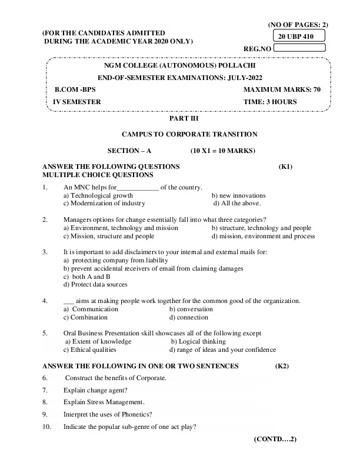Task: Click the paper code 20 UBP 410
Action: (296, 36)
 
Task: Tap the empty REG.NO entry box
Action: (300, 49)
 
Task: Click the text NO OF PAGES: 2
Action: (298, 25)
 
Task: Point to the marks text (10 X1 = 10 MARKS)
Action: (223, 151)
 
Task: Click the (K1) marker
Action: (285, 167)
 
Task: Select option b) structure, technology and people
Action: (261, 228)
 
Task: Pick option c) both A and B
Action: (87, 276)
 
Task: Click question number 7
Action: (45, 390)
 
